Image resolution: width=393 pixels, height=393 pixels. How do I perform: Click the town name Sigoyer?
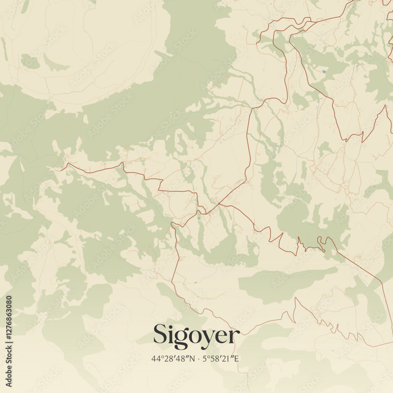[196, 335]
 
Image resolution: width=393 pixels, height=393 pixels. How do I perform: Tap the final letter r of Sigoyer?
[234, 336]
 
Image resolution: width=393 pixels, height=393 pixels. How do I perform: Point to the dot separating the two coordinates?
[199, 358]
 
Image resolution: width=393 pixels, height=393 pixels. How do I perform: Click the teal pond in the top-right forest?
[323, 72]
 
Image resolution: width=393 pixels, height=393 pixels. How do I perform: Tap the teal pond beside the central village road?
[199, 217]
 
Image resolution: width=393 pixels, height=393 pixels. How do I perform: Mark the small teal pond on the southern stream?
[195, 282]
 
